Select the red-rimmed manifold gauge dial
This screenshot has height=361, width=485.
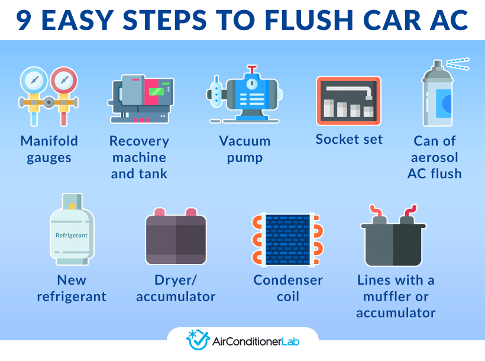[x=62, y=80]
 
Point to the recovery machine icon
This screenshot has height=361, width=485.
[x=142, y=98]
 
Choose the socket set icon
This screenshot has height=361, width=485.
[x=348, y=101]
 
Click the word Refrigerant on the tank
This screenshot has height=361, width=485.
[x=72, y=235]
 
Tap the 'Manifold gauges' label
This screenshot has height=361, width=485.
[x=49, y=149]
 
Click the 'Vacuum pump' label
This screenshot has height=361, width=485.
[x=244, y=149]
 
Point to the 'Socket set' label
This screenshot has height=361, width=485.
[x=349, y=139]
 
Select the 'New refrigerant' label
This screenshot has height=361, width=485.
[x=72, y=288]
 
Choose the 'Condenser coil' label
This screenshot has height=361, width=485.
[x=288, y=288]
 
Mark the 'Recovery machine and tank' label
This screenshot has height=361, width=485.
[x=140, y=157]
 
